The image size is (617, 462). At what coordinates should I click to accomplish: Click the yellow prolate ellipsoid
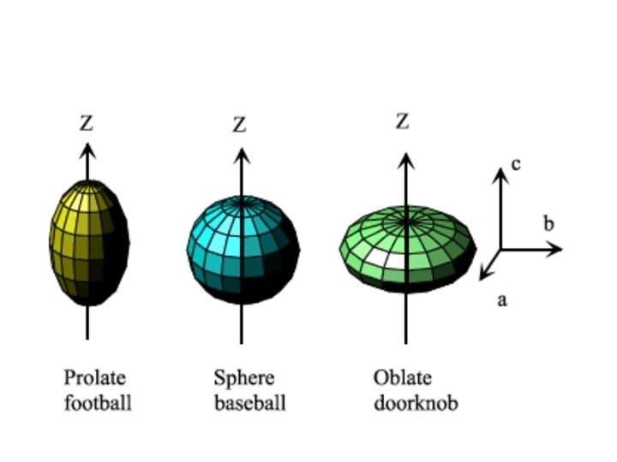88,243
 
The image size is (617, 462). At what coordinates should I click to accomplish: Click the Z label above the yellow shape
87,123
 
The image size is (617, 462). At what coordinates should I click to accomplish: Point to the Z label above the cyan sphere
240,125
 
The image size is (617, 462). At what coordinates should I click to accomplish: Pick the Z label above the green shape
403,121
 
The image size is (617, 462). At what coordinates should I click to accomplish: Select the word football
98,402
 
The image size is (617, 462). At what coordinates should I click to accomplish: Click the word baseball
249,402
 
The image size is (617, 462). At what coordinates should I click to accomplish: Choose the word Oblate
403,378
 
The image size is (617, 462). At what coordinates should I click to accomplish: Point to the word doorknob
416,402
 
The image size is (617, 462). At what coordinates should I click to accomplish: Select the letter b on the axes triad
549,224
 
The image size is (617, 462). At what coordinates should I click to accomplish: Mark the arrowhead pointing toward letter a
485,273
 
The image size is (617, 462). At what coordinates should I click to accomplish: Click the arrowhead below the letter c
500,175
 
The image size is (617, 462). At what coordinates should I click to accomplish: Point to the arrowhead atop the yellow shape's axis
87,151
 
